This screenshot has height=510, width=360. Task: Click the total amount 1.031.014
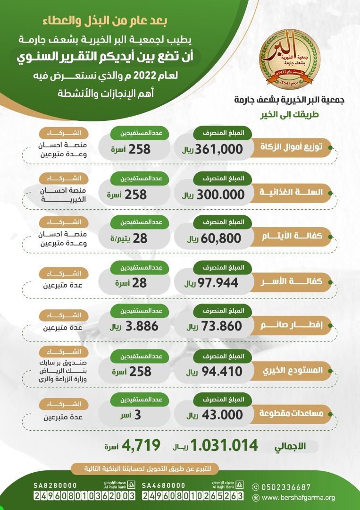coord(225,445)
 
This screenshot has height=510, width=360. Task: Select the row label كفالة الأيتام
coord(296,237)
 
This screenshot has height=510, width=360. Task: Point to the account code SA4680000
coord(163,485)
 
